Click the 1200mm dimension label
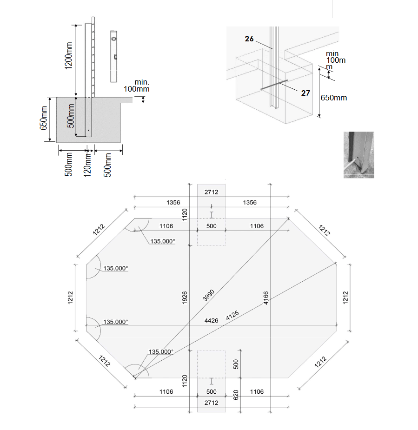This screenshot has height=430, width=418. click(x=68, y=56)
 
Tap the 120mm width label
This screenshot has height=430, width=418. click(x=87, y=165)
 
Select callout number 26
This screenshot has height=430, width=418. click(x=249, y=39)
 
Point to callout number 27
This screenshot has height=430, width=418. click(x=305, y=93)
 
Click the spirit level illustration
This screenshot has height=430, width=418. click(x=114, y=56)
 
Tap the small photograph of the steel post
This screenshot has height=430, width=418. click(x=359, y=155)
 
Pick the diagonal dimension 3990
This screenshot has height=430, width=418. click(x=208, y=295)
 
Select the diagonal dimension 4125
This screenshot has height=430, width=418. click(x=232, y=315)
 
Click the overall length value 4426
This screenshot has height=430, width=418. click(x=211, y=321)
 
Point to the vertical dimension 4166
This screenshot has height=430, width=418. click(x=266, y=298)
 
